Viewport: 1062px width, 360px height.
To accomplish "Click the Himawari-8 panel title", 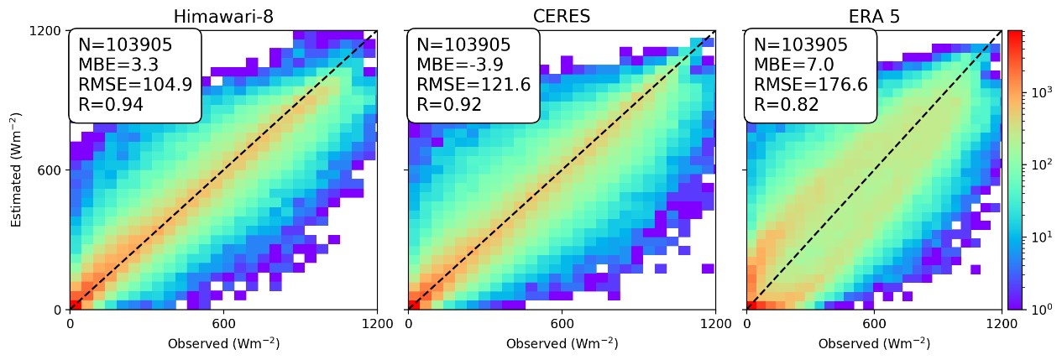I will pos(222,17).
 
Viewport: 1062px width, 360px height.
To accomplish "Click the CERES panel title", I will pos(561,17).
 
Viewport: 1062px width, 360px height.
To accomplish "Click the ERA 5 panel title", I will pos(874,17).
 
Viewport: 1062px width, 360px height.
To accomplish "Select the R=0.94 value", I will pos(110,105).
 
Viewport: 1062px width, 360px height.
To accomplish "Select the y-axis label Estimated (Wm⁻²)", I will pos(17,170).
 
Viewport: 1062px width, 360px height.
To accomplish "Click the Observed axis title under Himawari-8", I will pos(223,344).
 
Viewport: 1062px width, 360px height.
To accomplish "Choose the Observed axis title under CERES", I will pos(561,344).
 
